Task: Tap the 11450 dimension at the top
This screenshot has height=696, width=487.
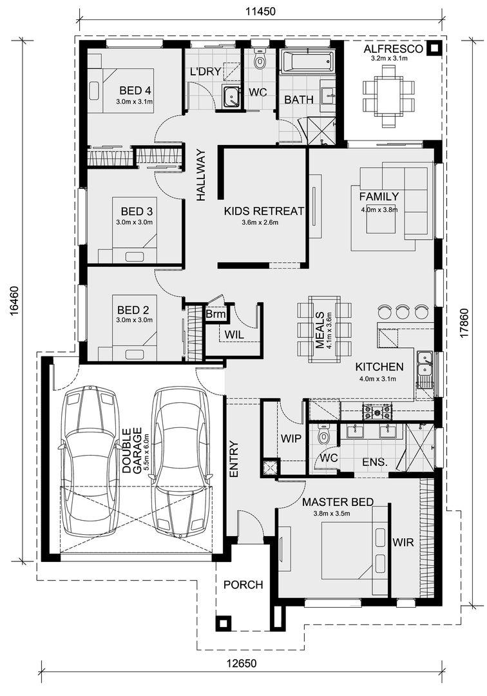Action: pyautogui.click(x=261, y=12)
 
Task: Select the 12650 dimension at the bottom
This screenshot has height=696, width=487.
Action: pyautogui.click(x=242, y=664)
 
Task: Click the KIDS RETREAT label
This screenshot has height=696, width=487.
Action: pyautogui.click(x=264, y=211)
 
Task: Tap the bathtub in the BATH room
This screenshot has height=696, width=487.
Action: pyautogui.click(x=307, y=61)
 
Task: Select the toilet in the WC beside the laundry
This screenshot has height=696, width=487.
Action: pyautogui.click(x=260, y=59)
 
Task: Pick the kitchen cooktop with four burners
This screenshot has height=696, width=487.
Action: pyautogui.click(x=377, y=411)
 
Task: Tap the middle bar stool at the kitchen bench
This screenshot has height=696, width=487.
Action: pyautogui.click(x=402, y=311)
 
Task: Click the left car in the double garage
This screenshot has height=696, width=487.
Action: pyautogui.click(x=89, y=461)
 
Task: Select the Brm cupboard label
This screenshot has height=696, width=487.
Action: pyautogui.click(x=216, y=314)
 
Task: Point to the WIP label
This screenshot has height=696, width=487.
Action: pyautogui.click(x=291, y=439)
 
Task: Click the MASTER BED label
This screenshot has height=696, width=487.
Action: pyautogui.click(x=338, y=502)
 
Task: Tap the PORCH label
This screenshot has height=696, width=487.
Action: pyautogui.click(x=243, y=585)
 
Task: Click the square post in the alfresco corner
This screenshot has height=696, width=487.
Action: pyautogui.click(x=433, y=48)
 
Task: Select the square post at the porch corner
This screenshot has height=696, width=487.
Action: pyautogui.click(x=223, y=623)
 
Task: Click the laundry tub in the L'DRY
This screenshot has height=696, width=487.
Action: pyautogui.click(x=230, y=97)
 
